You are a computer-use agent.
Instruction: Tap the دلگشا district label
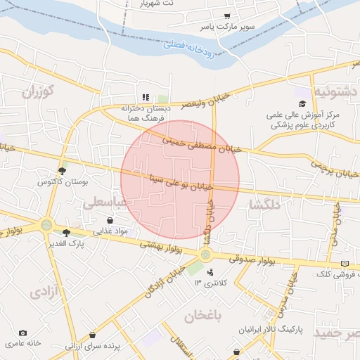coord(265,205)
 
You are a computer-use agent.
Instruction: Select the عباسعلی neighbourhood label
coord(105,203)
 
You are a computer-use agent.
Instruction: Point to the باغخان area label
coord(203,316)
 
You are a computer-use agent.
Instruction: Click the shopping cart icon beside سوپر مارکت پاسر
coord(227,15)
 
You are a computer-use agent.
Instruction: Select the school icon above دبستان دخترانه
coord(144,98)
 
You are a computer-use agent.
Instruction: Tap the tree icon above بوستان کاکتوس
coord(63,171)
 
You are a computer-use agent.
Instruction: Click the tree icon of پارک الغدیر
coord(67,233)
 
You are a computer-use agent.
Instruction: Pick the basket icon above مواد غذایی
coord(110,220)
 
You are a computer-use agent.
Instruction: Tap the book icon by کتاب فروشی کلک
coord(344,263)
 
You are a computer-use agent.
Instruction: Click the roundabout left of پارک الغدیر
coord(46,226)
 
